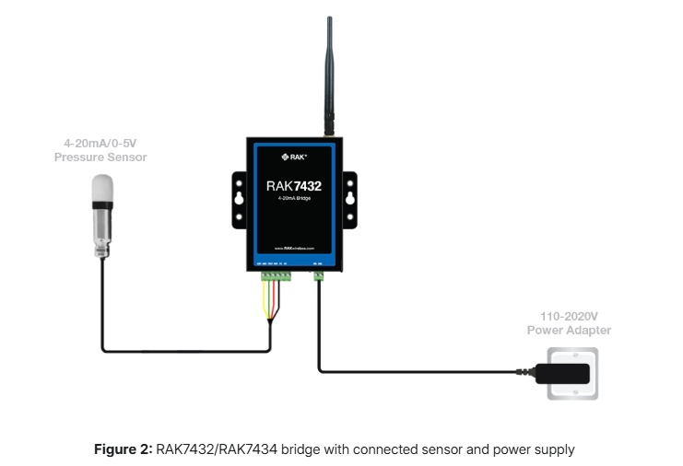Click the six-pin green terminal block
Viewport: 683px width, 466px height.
click(275, 274)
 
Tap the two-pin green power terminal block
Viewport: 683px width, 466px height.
click(320, 274)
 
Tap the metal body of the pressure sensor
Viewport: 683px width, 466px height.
click(100, 230)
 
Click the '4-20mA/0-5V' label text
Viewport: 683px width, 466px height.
click(101, 144)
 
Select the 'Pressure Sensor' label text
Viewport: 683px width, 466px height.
click(101, 157)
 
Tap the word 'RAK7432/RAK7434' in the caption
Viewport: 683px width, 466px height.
click(207, 449)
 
